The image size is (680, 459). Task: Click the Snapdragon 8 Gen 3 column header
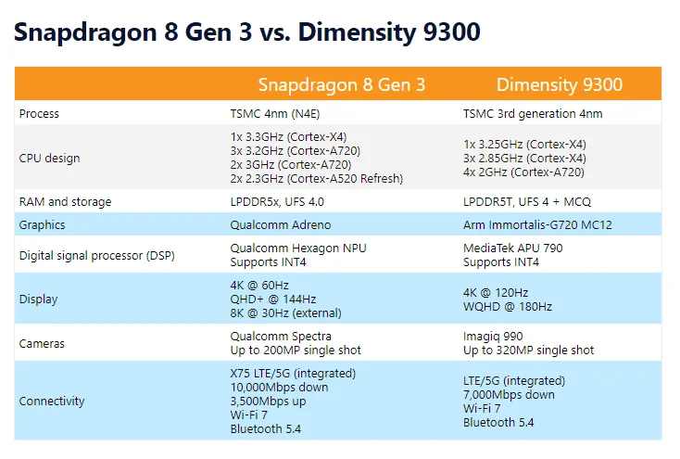pos(342,84)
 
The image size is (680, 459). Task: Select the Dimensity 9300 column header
pos(560,84)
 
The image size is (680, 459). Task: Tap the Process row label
pos(39,114)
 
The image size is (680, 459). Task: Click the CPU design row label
pos(49,158)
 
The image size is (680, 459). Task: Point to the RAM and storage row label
pos(65,202)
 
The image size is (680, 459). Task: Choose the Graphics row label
pos(42,225)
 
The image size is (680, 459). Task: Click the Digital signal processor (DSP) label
pos(96,255)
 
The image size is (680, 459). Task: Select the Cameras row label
pos(42,344)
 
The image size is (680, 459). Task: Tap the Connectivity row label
pos(52,401)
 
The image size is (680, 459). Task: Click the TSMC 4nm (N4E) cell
pos(275,114)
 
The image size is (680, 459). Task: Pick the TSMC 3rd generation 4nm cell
pos(533,114)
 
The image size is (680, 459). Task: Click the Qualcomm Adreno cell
pos(281,225)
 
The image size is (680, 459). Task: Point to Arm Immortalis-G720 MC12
pos(537,225)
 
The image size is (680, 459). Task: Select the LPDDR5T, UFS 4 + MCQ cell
pos(527,202)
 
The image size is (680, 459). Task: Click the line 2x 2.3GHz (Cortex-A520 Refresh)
pos(317,178)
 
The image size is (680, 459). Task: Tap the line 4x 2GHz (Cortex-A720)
pos(523,172)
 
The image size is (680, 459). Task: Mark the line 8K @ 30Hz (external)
pos(285,313)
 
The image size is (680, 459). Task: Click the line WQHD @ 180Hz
pos(508,307)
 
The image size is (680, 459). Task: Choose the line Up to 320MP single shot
pos(528,350)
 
